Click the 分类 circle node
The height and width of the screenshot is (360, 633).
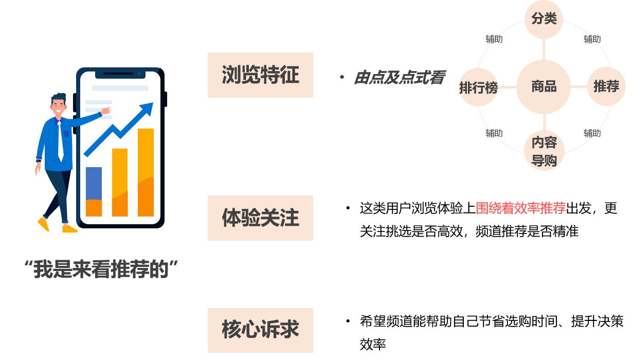pyautogui.click(x=544, y=19)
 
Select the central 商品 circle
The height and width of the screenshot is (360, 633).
pyautogui.click(x=544, y=87)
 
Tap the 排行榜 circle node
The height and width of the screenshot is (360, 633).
pyautogui.click(x=478, y=87)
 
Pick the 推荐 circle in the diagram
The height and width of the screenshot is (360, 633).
pyautogui.click(x=606, y=86)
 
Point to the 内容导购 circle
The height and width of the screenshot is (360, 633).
pyautogui.click(x=544, y=151)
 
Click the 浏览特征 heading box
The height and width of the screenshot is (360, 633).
pyautogui.click(x=260, y=75)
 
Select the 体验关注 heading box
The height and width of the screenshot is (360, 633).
pyautogui.click(x=260, y=218)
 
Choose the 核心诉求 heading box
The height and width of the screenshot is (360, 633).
pyautogui.click(x=260, y=330)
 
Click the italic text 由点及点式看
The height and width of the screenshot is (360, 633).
pyautogui.click(x=400, y=78)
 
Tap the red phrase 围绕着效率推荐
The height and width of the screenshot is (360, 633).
pyautogui.click(x=520, y=208)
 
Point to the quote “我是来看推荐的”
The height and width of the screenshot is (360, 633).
pyautogui.click(x=101, y=269)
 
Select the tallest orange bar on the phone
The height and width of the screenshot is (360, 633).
pyautogui.click(x=146, y=172)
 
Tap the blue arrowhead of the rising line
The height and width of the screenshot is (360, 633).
pyautogui.click(x=148, y=109)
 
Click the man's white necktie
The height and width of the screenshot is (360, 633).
pyautogui.click(x=60, y=141)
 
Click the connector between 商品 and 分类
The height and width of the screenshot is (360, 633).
pyautogui.click(x=544, y=49)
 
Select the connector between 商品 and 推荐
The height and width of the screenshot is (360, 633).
pyautogui.click(x=579, y=87)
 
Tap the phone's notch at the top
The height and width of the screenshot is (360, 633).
pyautogui.click(x=120, y=74)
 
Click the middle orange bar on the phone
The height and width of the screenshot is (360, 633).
pyautogui.click(x=120, y=183)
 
